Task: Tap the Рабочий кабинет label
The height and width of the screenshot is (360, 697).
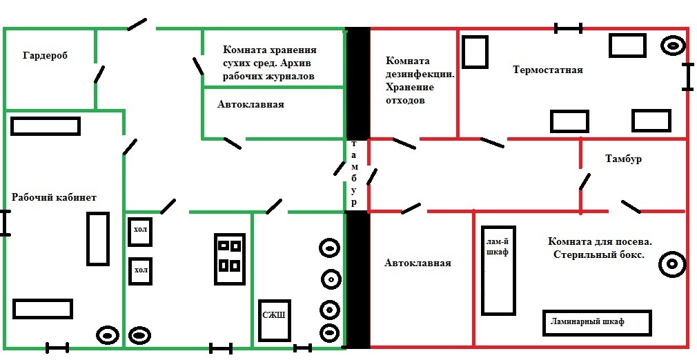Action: [x=54, y=197]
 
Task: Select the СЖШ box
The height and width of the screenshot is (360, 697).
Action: [x=274, y=320]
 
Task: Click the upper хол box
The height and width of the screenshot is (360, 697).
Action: [x=140, y=231]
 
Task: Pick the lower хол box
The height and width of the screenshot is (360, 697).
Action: [x=140, y=270]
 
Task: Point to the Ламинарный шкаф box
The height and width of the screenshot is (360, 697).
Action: [x=597, y=322]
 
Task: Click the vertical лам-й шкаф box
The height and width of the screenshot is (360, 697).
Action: [x=498, y=270]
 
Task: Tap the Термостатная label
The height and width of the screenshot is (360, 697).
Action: [x=548, y=70]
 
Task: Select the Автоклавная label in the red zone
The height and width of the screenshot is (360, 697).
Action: [x=418, y=263]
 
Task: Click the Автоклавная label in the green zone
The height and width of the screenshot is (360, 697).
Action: [x=251, y=105]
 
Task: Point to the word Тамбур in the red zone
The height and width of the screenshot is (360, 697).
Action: [x=623, y=159]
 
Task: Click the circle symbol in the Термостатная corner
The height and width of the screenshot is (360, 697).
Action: [x=673, y=46]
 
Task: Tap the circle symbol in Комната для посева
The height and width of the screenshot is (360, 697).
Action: [x=671, y=264]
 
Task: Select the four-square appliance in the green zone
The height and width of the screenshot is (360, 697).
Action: [x=228, y=256]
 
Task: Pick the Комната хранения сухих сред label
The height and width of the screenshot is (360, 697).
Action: [x=269, y=63]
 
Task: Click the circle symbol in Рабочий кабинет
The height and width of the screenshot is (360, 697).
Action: [x=108, y=335]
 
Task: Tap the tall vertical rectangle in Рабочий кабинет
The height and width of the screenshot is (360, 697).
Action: [x=97, y=239]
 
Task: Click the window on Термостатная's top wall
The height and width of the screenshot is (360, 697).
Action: [x=569, y=28]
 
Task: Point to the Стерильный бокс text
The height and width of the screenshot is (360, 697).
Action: [x=599, y=254]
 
